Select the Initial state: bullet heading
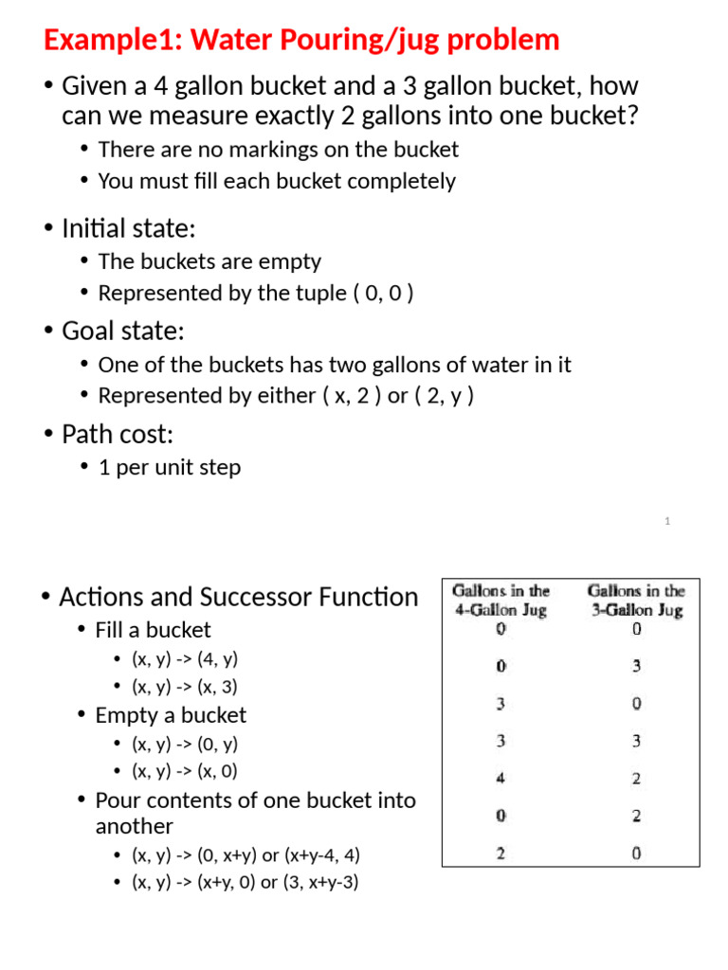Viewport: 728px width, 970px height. click(128, 228)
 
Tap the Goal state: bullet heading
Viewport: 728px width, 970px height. click(122, 332)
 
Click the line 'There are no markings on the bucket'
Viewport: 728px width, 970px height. click(278, 150)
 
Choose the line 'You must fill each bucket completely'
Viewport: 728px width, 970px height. click(277, 181)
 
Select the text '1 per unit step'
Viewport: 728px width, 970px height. click(170, 468)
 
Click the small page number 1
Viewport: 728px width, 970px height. click(667, 521)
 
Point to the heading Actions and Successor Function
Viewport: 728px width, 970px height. click(238, 597)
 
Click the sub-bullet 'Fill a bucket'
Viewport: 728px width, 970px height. click(153, 630)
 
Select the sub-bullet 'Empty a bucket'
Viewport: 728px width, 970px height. click(171, 715)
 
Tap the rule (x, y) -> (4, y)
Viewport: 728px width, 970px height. click(185, 658)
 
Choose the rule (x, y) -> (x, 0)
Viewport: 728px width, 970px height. click(185, 771)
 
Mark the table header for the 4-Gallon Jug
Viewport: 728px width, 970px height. click(500, 601)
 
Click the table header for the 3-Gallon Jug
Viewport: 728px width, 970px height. click(636, 601)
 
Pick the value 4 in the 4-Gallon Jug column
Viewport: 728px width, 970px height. click(500, 779)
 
